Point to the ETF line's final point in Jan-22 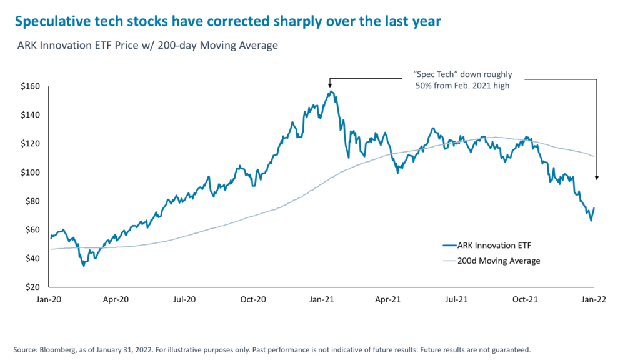594,207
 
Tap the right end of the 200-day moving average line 594,156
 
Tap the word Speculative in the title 47,22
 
